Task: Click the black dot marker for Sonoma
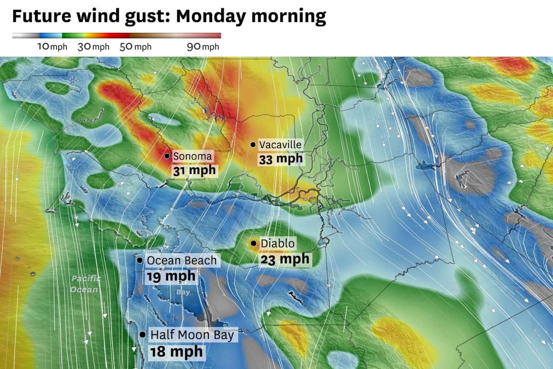[167, 156]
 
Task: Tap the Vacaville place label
[280, 144]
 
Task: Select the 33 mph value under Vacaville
[281, 159]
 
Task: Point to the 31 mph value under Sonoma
[194, 170]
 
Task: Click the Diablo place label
[277, 244]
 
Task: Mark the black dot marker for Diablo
[253, 243]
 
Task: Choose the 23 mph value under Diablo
[285, 259]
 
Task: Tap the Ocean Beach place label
[181, 261]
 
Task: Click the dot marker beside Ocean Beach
[140, 260]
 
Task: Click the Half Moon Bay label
[192, 335]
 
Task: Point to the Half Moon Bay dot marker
[142, 335]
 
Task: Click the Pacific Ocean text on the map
[85, 284]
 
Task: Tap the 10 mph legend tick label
[52, 47]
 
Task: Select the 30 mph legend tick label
[93, 47]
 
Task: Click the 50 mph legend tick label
[135, 47]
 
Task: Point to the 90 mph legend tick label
[203, 47]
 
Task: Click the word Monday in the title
[211, 16]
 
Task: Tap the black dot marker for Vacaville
[253, 144]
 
